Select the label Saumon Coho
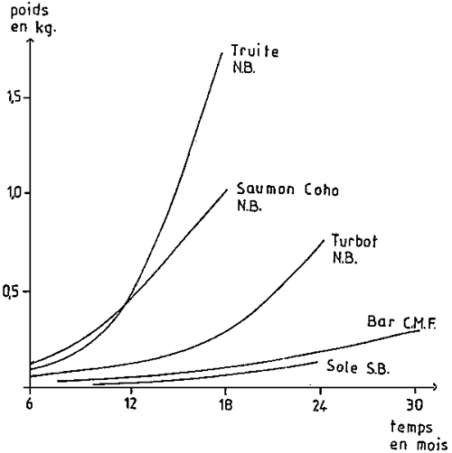pos(280,190)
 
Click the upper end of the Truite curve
pos(222,52)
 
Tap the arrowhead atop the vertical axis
pos(30,40)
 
